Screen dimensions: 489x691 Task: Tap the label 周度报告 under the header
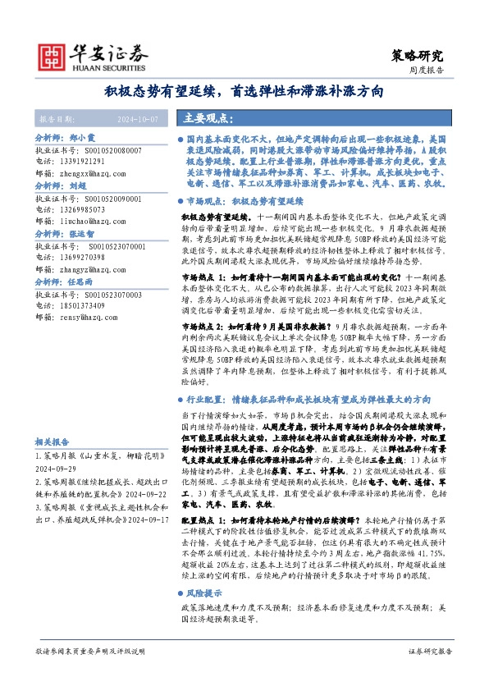point(427,71)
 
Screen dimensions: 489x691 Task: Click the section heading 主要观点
point(209,117)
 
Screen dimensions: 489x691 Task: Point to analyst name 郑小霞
point(82,140)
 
